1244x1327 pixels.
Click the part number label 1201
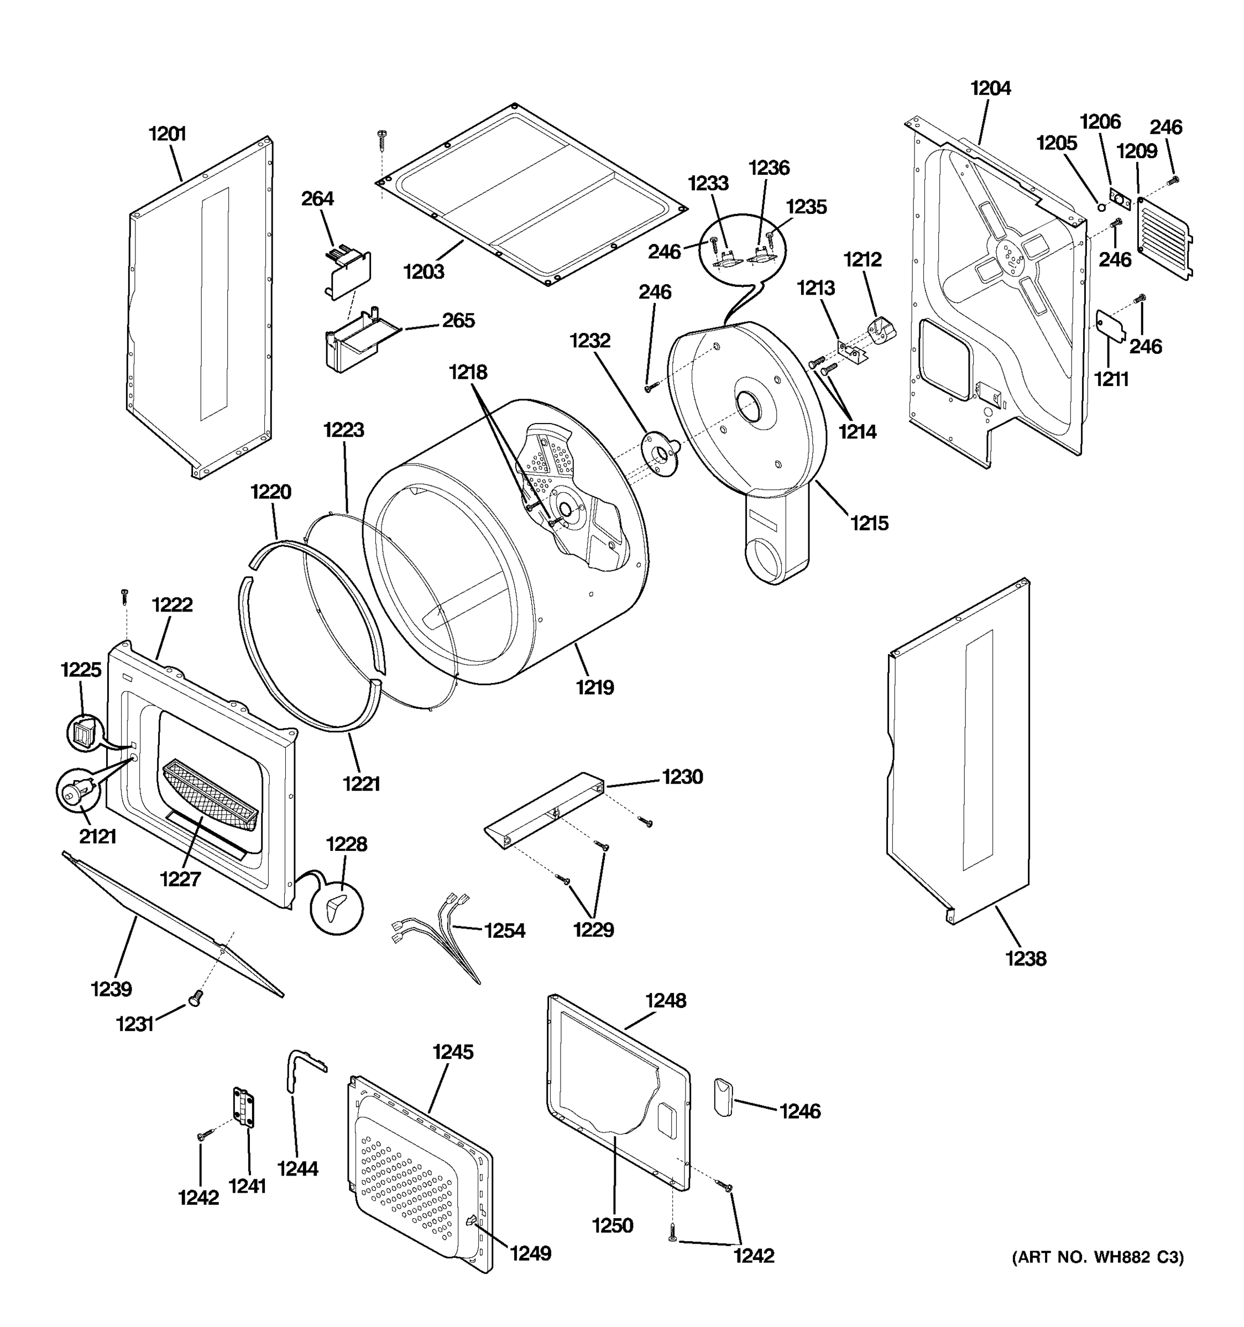167,134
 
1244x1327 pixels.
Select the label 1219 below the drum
595,687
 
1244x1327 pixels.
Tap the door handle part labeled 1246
723,1096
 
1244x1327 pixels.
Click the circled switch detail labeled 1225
83,731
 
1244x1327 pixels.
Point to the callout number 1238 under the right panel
1026,959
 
